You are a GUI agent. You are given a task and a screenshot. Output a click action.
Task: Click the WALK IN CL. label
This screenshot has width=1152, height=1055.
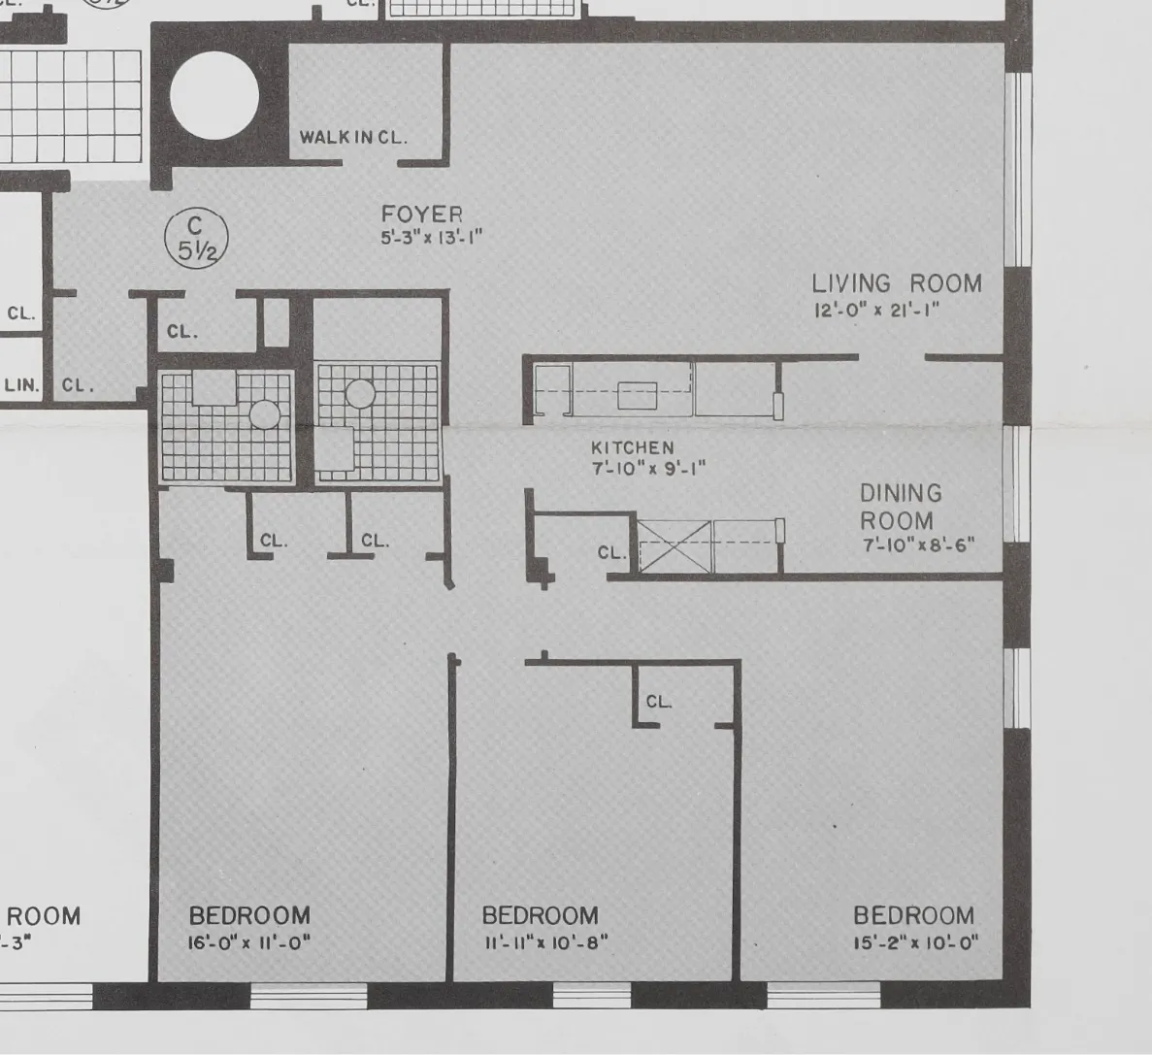(352, 137)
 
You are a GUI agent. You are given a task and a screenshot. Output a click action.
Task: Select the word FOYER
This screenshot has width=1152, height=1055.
(421, 214)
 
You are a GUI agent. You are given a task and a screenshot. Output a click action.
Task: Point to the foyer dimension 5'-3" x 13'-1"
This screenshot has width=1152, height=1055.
(431, 237)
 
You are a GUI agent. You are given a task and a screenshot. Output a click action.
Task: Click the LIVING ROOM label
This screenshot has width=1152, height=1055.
(896, 283)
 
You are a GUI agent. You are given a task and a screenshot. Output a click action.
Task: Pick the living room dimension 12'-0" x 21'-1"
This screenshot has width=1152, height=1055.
(876, 311)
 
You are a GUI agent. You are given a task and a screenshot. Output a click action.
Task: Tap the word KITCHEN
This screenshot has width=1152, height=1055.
(632, 447)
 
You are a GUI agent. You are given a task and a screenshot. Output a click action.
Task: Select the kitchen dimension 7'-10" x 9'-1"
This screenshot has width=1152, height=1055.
(647, 468)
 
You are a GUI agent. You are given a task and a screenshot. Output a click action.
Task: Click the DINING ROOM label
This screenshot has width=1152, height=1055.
(900, 507)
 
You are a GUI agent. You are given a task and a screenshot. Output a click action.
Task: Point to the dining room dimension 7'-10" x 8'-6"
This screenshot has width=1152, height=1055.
(918, 545)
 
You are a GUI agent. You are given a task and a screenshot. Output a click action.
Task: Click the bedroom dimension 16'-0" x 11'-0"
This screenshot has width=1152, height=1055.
(249, 942)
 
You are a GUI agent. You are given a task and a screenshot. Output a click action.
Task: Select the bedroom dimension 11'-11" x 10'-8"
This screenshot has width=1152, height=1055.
(544, 942)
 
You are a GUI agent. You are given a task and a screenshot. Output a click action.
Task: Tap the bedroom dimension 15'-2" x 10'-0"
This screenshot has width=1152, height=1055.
(915, 942)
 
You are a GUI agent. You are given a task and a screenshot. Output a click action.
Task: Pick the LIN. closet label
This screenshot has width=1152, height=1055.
(22, 385)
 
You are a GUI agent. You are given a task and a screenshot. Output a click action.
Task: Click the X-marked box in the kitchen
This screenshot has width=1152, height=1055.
(675, 546)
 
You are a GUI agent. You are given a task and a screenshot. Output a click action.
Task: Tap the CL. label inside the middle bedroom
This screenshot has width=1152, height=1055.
(658, 702)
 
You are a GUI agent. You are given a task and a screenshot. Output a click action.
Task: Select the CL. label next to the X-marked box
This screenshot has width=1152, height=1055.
(611, 552)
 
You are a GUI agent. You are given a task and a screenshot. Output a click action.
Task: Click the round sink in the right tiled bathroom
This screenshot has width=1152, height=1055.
(360, 393)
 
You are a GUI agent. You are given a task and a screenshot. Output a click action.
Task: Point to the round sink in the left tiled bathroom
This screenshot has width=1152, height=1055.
(264, 415)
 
